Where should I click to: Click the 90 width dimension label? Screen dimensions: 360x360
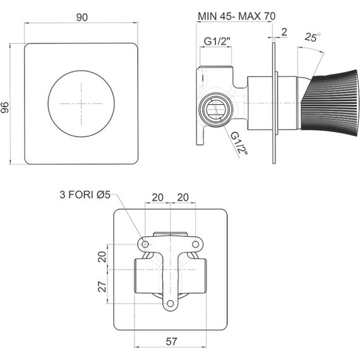pyautogui.click(x=82, y=17)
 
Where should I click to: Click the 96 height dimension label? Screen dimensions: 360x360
pyautogui.click(x=5, y=107)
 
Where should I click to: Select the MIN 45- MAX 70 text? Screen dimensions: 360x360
pyautogui.click(x=236, y=16)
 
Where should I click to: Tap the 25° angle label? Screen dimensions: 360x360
pyautogui.click(x=313, y=37)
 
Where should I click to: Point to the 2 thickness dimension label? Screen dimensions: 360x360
pyautogui.click(x=284, y=32)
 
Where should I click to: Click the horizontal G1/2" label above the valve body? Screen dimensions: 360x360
pyautogui.click(x=217, y=41)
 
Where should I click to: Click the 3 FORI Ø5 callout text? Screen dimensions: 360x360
pyautogui.click(x=85, y=195)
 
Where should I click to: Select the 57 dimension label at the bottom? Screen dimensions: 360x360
pyautogui.click(x=171, y=342)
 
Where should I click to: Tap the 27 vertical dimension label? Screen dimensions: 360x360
pyautogui.click(x=102, y=286)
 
